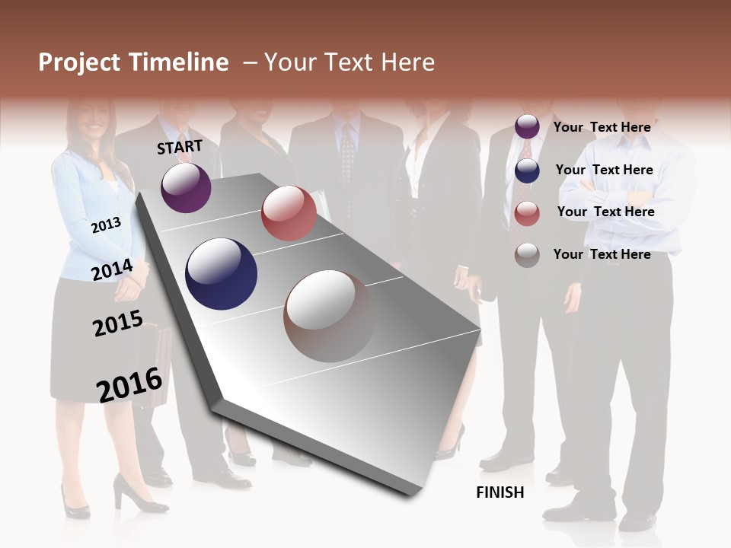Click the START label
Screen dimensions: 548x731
180,147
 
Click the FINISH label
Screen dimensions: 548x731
500,492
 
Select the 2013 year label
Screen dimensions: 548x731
106,225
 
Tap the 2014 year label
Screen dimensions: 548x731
112,270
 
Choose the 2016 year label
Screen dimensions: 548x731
129,384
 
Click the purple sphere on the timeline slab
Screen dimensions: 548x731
186,187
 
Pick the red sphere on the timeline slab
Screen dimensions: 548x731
289,213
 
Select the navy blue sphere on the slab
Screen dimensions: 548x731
221,274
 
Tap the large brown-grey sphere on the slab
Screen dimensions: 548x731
329,316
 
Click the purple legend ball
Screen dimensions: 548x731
527,127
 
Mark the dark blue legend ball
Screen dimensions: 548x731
527,170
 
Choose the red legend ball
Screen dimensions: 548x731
527,213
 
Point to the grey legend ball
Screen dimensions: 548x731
527,255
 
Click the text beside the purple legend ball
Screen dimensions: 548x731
602,127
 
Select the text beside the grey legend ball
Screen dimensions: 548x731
602,254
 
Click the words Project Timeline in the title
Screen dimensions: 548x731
133,62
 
